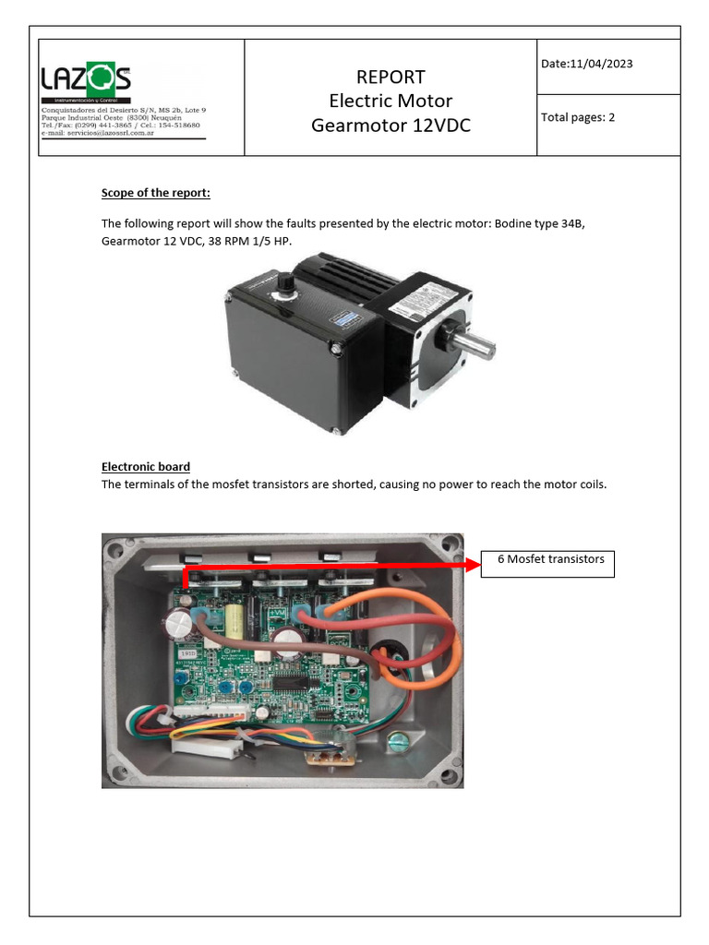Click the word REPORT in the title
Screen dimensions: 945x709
(391, 77)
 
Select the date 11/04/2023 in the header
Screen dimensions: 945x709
(601, 64)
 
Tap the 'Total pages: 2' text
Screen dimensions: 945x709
(578, 117)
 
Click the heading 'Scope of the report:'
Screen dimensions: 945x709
(156, 193)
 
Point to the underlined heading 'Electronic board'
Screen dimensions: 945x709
(145, 467)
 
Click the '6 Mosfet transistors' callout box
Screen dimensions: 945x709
(550, 559)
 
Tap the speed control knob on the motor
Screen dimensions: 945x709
(287, 281)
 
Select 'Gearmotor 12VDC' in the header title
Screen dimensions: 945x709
(391, 125)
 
